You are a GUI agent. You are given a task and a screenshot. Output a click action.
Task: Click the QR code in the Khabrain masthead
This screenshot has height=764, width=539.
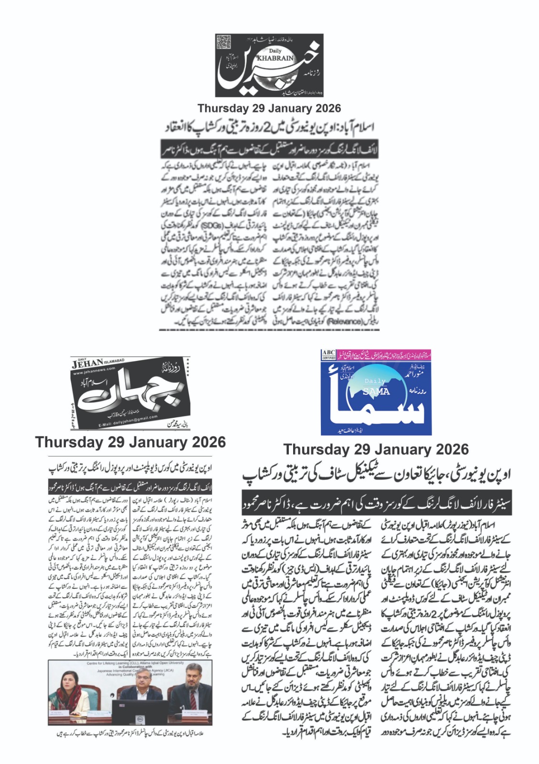click(x=223, y=42)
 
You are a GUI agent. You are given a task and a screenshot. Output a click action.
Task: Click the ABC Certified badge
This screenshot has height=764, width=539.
click(x=328, y=355)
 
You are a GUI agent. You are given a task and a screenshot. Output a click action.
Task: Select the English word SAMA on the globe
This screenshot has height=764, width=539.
click(x=376, y=392)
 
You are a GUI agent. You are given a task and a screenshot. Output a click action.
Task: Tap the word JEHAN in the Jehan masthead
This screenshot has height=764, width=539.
click(x=88, y=364)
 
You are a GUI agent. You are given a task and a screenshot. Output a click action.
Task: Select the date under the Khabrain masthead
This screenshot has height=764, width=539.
click(x=269, y=108)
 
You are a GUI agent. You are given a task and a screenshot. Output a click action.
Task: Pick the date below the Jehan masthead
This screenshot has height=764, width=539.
click(x=130, y=442)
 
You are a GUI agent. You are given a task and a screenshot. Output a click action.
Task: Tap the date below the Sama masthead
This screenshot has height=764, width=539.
click(x=376, y=449)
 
